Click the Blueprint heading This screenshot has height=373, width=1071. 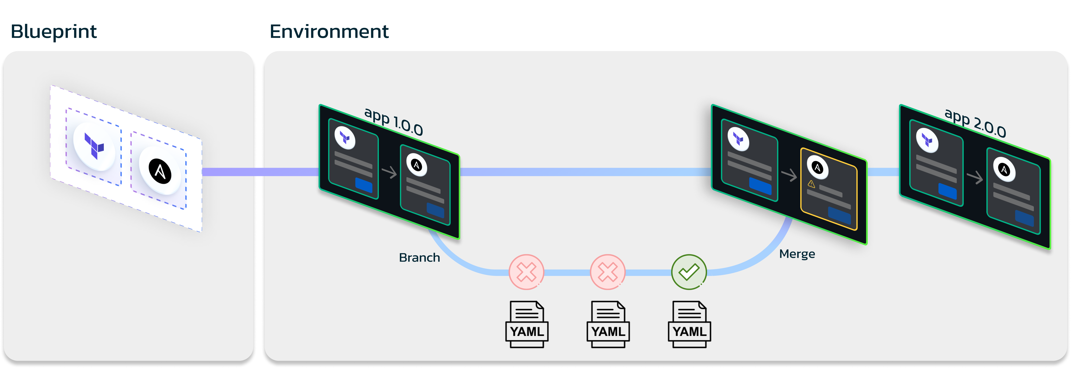click(54, 32)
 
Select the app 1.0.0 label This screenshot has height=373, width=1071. click(393, 121)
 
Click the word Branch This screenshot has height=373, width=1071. click(419, 258)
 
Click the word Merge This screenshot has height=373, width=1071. click(797, 254)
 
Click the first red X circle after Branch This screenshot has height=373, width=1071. click(526, 272)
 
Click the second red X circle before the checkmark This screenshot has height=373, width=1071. click(607, 272)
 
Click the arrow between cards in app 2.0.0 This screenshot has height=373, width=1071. click(975, 177)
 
